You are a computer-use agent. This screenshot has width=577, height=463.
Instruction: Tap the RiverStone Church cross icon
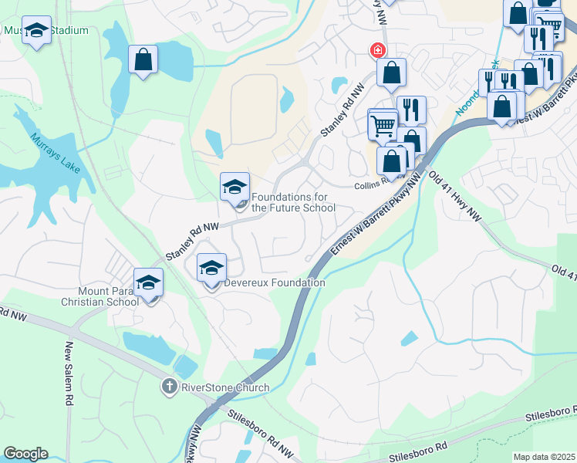tap(169, 386)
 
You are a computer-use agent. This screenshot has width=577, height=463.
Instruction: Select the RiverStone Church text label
tap(224, 387)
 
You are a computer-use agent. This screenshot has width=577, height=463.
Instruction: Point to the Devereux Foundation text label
tap(275, 283)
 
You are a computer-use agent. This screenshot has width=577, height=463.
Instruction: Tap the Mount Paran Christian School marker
tap(149, 283)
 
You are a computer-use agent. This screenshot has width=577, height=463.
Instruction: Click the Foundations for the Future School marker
tap(235, 188)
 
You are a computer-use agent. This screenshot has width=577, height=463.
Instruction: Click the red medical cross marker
tap(377, 51)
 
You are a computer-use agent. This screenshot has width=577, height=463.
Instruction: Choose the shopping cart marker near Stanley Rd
tap(383, 124)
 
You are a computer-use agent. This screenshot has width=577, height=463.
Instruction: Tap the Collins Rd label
tap(369, 186)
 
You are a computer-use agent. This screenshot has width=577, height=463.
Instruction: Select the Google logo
tap(25, 454)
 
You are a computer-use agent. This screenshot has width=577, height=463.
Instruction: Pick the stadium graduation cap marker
tap(36, 32)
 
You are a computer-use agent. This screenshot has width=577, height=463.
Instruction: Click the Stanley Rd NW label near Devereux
tap(193, 240)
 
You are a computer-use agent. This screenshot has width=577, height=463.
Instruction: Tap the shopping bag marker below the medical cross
tap(392, 73)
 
